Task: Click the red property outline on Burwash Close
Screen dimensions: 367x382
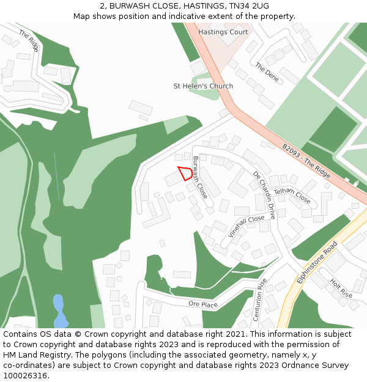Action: (x=185, y=173)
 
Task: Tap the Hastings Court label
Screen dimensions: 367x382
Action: (x=223, y=32)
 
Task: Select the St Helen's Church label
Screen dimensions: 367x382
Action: (x=203, y=86)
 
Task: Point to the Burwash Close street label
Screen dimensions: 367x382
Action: (x=200, y=177)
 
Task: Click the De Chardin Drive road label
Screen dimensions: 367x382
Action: (x=265, y=195)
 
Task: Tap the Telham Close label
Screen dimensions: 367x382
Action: (x=292, y=196)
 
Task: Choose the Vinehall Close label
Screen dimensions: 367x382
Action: (x=247, y=226)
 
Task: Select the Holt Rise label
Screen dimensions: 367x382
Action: (x=341, y=288)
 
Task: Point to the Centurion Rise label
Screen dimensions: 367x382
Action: (x=261, y=300)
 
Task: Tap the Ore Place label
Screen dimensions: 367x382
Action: (x=203, y=304)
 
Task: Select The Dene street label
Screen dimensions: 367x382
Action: (x=267, y=72)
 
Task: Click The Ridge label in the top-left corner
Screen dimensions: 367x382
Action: (x=29, y=40)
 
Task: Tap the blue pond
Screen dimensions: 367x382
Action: (x=59, y=310)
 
